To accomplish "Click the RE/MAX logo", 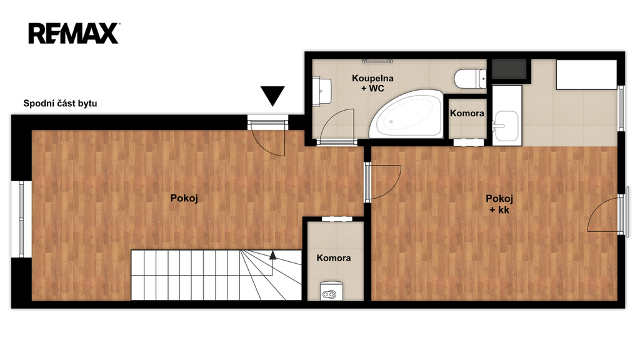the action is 74,34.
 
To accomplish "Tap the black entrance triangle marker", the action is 272,96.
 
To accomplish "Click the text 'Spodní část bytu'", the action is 60,103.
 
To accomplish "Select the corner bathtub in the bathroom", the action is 406,114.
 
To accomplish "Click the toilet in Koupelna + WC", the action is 470,79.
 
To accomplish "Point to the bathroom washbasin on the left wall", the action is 322,92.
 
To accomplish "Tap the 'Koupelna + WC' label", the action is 372,83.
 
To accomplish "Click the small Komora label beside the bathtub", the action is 467,114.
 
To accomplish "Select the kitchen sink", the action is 506,126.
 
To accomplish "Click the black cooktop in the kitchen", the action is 509,69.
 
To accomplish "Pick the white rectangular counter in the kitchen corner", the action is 586,74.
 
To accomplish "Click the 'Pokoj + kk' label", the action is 499,204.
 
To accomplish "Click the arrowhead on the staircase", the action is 272,256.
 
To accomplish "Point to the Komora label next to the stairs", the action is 334,258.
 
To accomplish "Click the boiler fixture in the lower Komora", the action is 331,291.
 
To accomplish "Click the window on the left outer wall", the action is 21,219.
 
